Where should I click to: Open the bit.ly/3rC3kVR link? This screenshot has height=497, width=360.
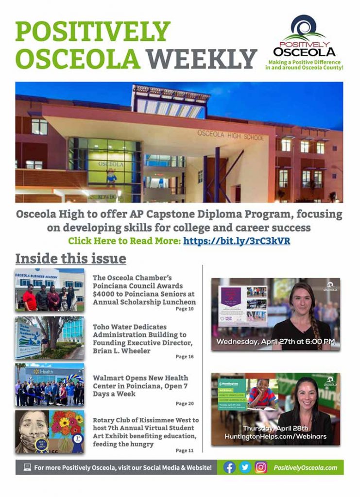point(237,240)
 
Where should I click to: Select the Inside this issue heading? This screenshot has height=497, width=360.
point(70,258)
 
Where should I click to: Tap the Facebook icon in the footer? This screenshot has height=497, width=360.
point(229,467)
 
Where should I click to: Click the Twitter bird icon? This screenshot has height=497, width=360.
point(245,467)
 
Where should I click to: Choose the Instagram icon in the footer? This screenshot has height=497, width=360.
point(261,467)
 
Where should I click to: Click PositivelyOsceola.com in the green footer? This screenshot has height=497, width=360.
point(305,468)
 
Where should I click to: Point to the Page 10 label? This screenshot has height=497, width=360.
point(185,309)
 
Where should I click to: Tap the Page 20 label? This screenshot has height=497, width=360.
point(185,403)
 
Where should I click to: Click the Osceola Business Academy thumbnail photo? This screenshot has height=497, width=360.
point(50,290)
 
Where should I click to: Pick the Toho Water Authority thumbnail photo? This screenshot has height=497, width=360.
point(50,337)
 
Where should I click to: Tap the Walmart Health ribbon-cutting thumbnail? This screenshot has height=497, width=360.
point(50,384)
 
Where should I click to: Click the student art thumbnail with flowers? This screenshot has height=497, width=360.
point(50,431)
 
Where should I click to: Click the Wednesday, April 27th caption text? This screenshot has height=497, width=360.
point(275,342)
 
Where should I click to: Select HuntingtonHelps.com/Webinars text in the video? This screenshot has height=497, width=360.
point(275,437)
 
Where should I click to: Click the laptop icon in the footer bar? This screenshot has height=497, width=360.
point(27,467)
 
